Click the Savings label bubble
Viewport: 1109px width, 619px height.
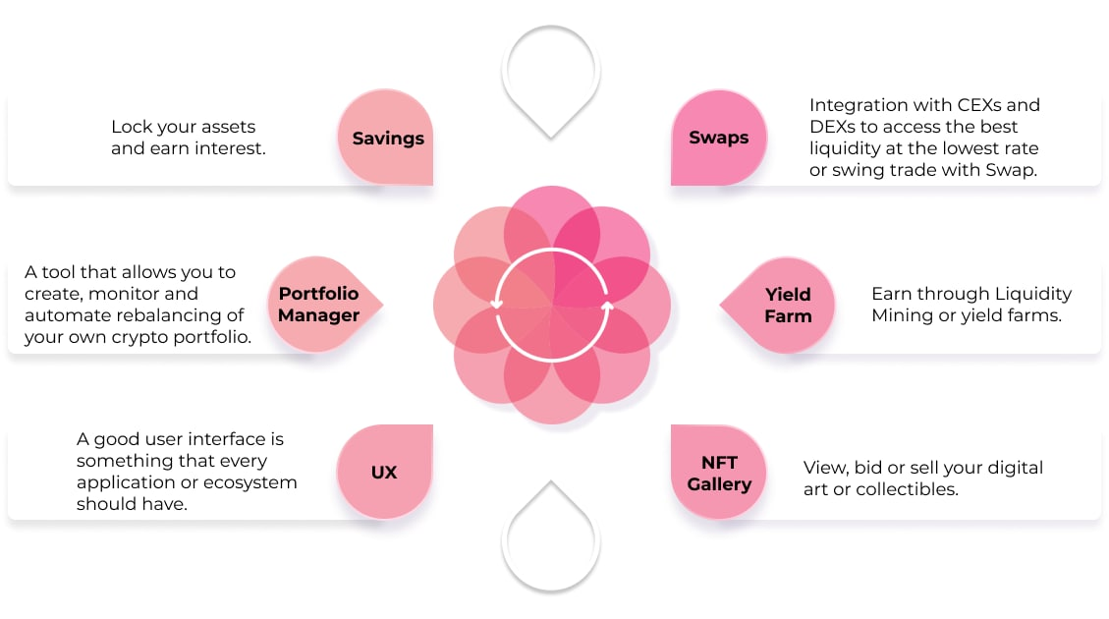[x=385, y=138]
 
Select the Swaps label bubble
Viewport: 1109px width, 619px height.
[x=719, y=138]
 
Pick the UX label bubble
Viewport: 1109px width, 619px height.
[x=385, y=472]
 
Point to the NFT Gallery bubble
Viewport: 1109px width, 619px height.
[x=719, y=472]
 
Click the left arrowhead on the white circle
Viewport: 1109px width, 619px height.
[x=496, y=305]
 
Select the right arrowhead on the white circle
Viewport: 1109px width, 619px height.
[x=607, y=306]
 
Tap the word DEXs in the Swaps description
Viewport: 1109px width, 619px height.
[x=832, y=127]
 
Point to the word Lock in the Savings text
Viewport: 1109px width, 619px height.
[x=132, y=127]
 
